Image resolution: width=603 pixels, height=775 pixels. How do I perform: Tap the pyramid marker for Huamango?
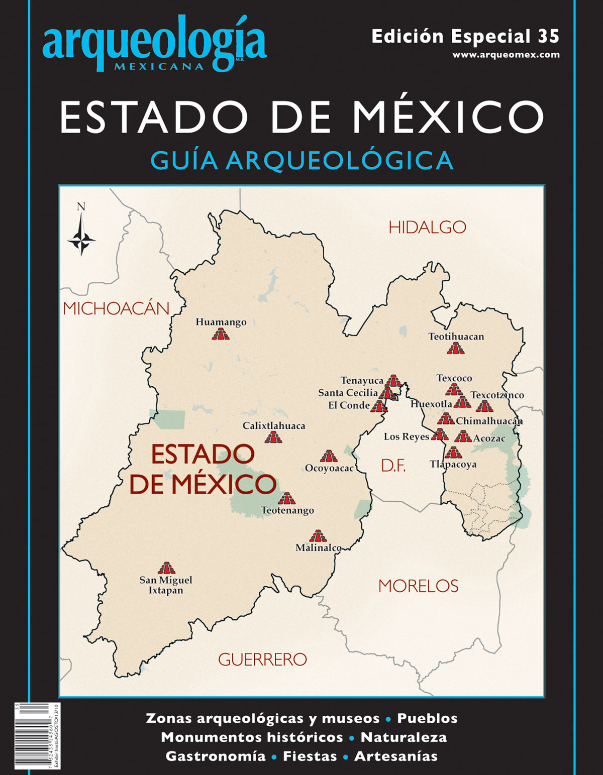click(x=221, y=334)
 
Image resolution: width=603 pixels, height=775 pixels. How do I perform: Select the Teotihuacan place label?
click(x=456, y=337)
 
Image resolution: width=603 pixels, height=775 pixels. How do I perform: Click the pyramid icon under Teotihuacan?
click(x=456, y=348)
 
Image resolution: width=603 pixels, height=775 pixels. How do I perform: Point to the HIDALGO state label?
click(x=427, y=228)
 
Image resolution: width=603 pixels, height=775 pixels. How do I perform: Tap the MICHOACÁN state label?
click(x=116, y=308)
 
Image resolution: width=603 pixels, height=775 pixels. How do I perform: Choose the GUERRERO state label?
click(x=262, y=659)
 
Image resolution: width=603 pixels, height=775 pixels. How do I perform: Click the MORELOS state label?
click(x=418, y=586)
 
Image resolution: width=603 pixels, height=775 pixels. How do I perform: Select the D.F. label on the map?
click(x=393, y=466)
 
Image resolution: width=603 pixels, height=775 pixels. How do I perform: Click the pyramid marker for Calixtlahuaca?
click(x=273, y=437)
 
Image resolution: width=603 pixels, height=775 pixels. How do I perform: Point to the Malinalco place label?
click(x=319, y=547)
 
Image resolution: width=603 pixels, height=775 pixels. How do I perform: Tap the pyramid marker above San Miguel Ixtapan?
click(x=166, y=568)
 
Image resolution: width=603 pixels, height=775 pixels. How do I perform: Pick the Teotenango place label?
click(x=287, y=510)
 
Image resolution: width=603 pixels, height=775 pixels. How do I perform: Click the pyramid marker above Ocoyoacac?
click(x=329, y=456)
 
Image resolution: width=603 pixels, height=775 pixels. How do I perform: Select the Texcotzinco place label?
click(x=497, y=395)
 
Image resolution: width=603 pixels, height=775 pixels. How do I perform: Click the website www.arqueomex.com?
click(x=506, y=55)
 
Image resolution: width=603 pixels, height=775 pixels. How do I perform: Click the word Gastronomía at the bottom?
click(x=216, y=756)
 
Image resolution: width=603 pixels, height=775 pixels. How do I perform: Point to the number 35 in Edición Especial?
click(x=548, y=37)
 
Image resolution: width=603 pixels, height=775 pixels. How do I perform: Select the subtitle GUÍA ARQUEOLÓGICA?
click(x=301, y=161)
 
